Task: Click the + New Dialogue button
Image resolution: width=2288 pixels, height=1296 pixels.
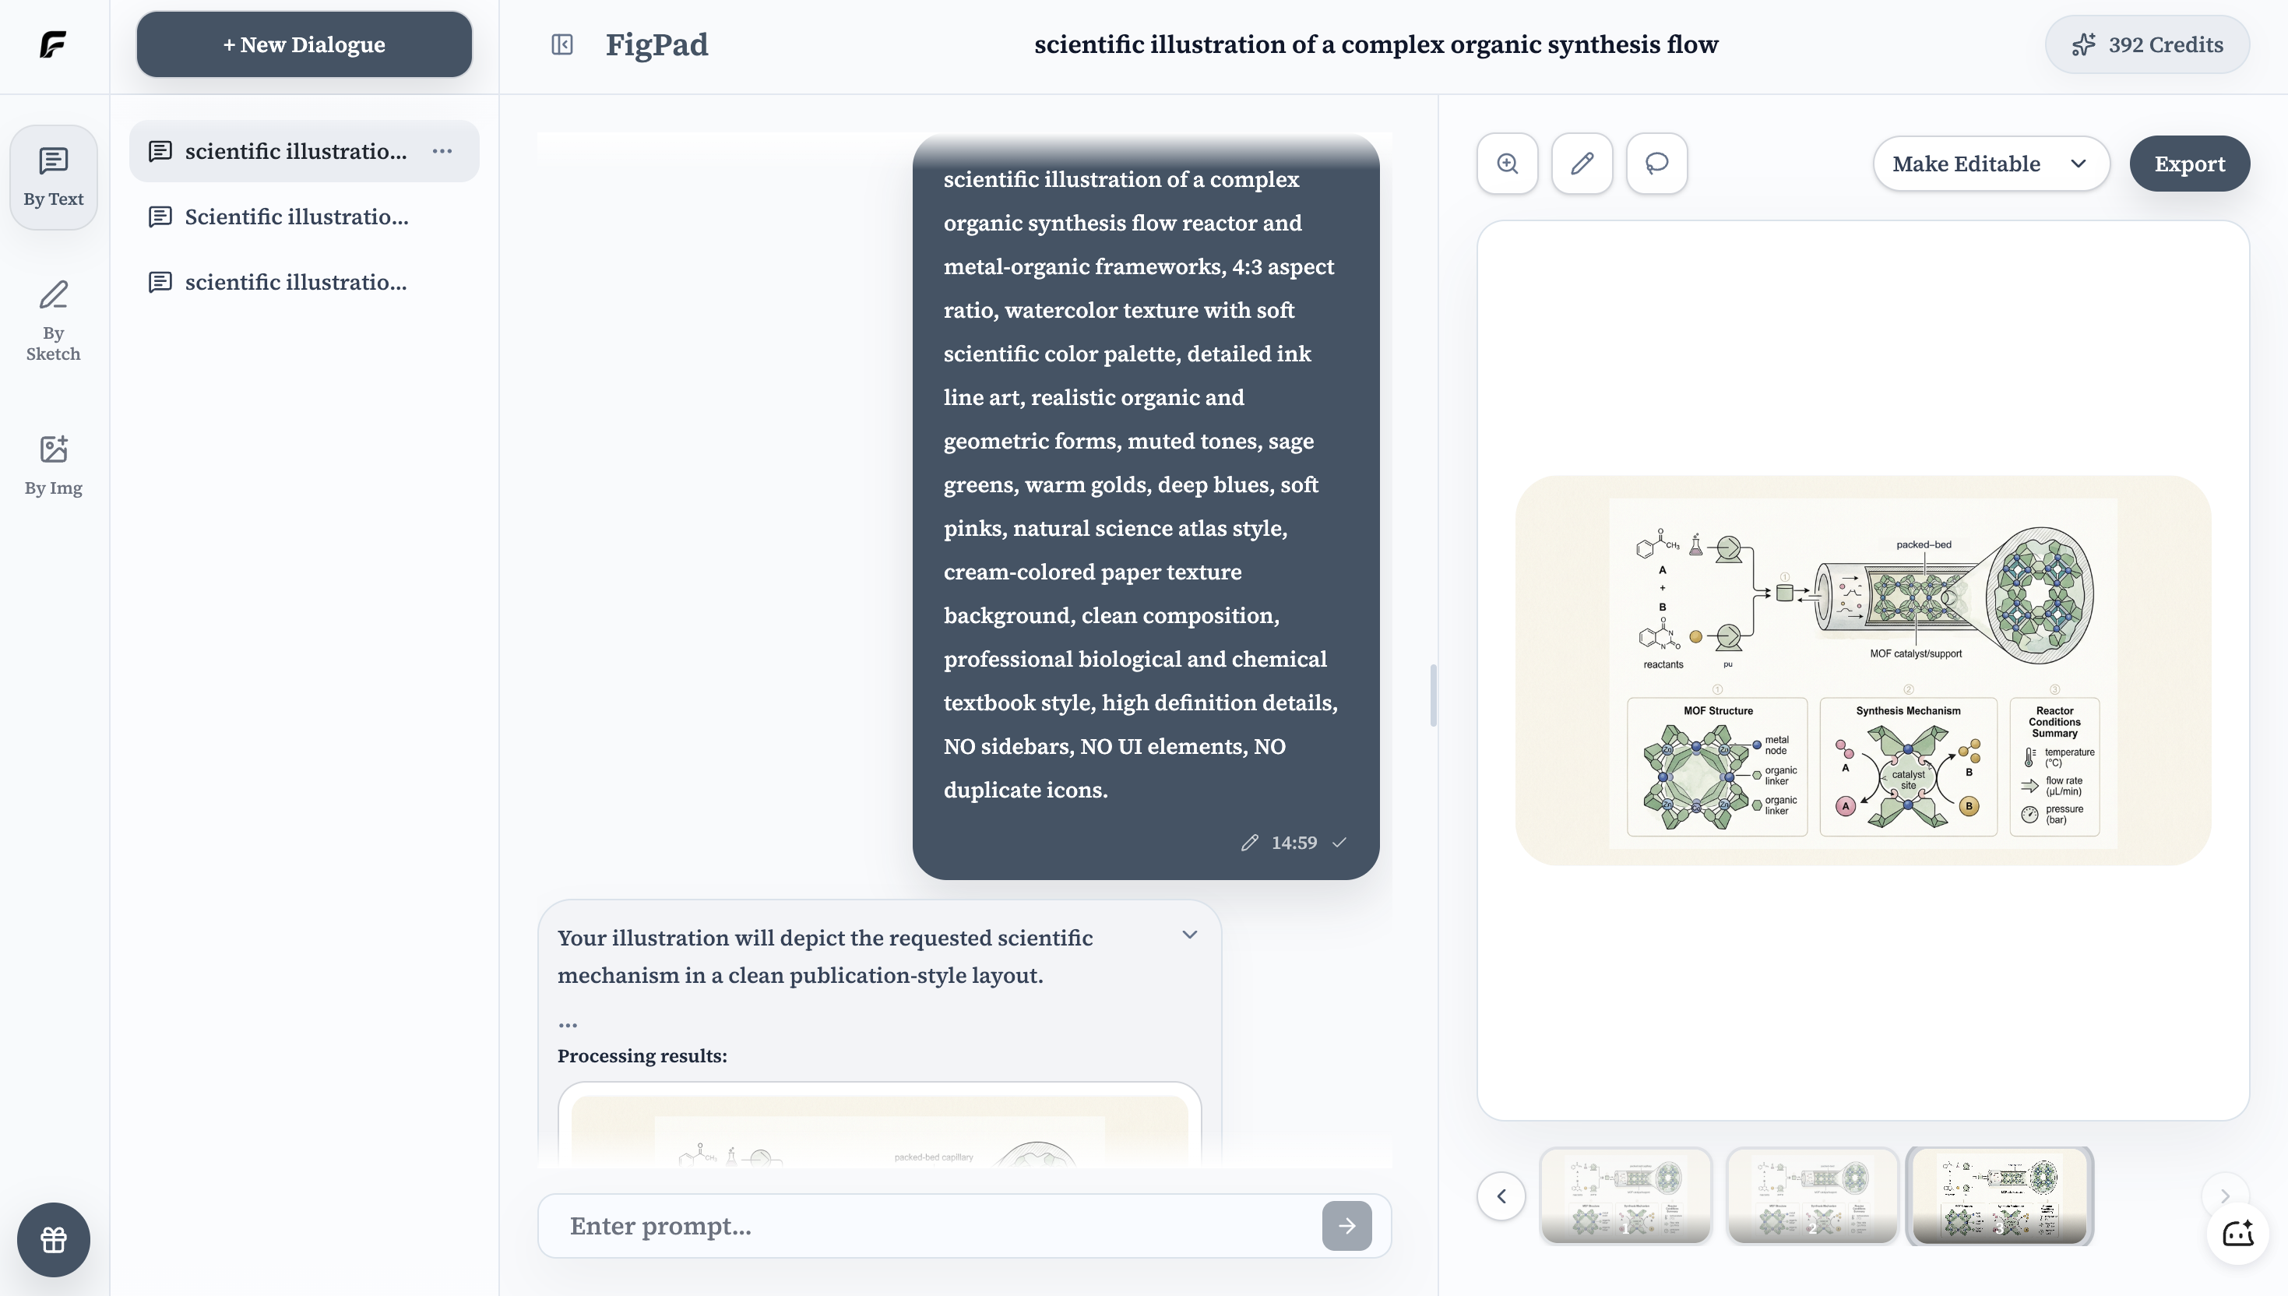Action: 304,44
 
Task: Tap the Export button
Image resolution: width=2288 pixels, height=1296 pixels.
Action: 2188,164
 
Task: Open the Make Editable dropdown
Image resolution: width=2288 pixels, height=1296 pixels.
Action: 1990,164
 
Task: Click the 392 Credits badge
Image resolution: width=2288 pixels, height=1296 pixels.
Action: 2146,44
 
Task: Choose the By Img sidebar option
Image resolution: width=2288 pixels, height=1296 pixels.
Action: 54,465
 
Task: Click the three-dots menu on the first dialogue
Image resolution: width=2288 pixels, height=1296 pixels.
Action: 442,151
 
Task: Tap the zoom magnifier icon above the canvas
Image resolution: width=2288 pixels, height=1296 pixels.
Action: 1507,164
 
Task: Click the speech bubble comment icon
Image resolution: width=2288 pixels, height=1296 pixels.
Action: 1656,164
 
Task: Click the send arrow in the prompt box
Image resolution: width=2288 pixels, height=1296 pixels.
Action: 1346,1226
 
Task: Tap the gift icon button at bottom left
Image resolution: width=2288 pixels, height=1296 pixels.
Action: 54,1239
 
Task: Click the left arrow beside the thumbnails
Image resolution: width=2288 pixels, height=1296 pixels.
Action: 1501,1196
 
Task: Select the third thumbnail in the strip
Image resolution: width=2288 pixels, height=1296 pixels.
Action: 1999,1196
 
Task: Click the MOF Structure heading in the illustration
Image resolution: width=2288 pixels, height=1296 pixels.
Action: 1717,710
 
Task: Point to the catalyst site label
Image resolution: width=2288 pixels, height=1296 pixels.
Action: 1908,780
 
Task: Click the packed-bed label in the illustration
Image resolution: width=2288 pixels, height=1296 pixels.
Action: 1923,544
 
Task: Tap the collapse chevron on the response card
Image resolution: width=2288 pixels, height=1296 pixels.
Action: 1189,935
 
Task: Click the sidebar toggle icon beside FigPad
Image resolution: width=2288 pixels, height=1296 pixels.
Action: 561,44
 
